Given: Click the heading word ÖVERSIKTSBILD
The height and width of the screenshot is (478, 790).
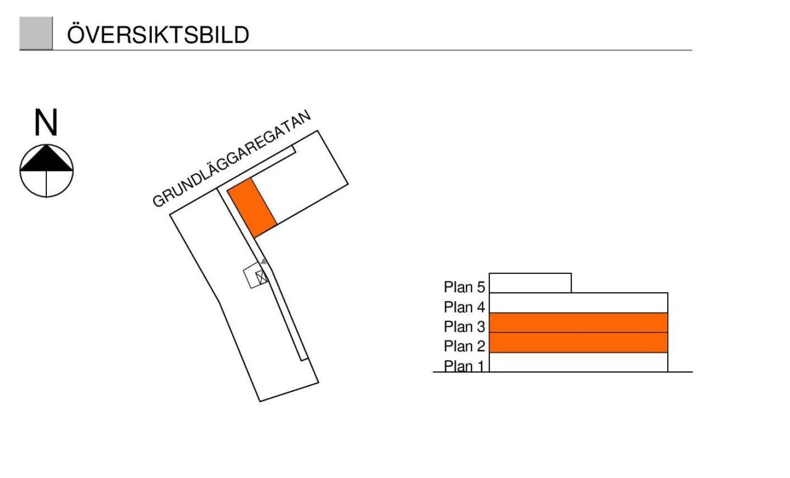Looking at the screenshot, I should [x=158, y=35].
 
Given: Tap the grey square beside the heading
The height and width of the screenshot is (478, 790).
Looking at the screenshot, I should [x=36, y=33].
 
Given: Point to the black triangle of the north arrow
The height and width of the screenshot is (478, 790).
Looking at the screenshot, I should [x=47, y=159].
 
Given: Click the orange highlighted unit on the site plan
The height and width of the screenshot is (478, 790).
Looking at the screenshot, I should [x=252, y=207].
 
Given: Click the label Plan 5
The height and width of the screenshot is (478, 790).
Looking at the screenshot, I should [x=464, y=287].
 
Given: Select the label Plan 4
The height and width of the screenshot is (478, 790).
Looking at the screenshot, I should [x=464, y=307].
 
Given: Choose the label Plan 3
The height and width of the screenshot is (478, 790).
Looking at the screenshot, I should [x=464, y=326].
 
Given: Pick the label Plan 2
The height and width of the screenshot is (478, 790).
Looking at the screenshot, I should [x=464, y=346].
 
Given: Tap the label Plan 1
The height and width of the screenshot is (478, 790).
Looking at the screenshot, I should [x=464, y=366].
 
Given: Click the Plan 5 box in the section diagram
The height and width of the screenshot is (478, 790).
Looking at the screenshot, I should [x=530, y=283].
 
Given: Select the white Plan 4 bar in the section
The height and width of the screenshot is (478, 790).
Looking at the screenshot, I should [x=578, y=303].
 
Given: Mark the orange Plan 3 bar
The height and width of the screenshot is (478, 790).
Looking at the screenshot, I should [x=578, y=323].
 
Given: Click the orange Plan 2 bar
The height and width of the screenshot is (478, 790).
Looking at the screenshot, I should [x=578, y=342].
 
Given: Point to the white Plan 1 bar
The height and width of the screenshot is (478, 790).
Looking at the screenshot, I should [x=578, y=362].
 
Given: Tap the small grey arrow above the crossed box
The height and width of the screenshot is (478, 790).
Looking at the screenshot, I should [x=264, y=262].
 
